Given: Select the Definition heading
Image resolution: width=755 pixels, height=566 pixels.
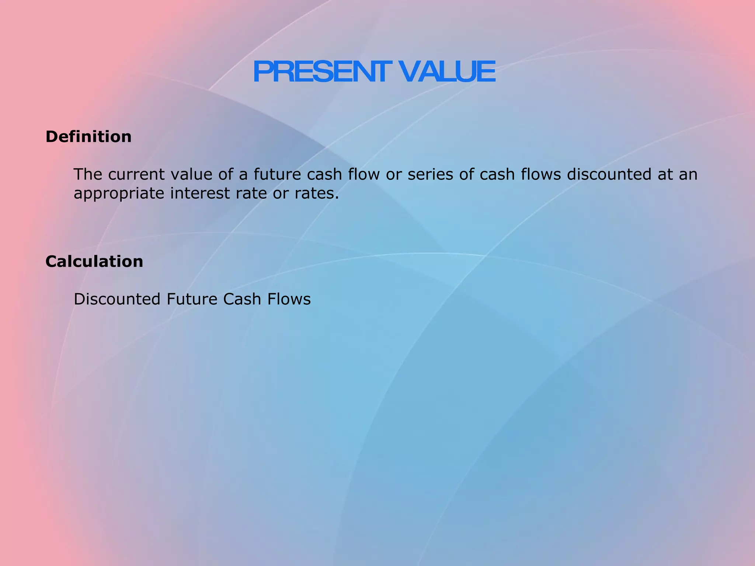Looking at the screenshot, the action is coord(88,137).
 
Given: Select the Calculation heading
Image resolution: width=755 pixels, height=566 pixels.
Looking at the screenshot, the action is coord(94,262).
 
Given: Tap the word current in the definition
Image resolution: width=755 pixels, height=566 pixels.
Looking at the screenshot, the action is coord(136,175).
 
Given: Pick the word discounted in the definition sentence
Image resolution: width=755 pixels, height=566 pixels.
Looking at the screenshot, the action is coord(609,175).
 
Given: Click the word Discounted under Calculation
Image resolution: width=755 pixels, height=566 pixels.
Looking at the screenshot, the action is coord(117,299).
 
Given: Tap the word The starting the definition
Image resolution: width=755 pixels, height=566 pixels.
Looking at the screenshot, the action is coord(87,175).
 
